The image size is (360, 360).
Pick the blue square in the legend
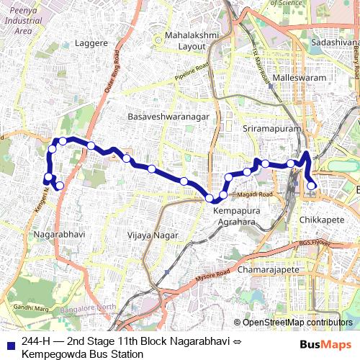point(9,341)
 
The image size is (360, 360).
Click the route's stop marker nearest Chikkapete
point(312,186)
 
